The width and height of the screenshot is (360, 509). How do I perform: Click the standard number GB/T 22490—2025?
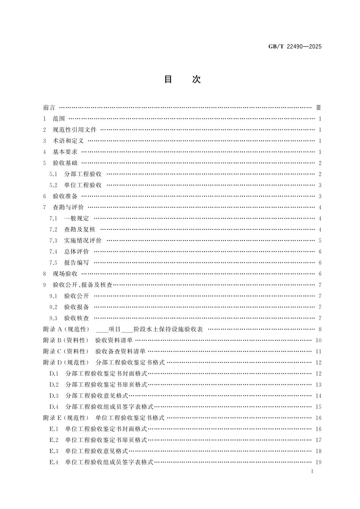pos(295,47)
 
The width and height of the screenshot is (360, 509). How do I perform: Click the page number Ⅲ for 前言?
pos(319,108)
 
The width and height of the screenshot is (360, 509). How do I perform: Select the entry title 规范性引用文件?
pos(75,130)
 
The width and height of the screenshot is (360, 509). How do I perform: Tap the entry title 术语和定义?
pos(68,141)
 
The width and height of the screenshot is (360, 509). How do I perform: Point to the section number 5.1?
pos(53,174)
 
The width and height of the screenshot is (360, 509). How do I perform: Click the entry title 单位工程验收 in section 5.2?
pos(83,185)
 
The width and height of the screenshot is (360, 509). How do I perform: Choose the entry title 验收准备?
pos(65,196)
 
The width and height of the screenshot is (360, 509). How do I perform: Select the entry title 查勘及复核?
pos(80,230)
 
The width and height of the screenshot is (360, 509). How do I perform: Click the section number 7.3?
pos(53,240)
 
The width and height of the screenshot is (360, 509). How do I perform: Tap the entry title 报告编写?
pos(77,263)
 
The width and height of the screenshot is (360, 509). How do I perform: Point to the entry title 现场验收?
pos(65,274)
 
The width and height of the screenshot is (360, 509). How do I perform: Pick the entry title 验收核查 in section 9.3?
pos(77,318)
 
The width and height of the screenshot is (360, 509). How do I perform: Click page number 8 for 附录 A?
pos(320,329)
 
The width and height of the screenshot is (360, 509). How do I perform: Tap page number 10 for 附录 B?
pos(318,340)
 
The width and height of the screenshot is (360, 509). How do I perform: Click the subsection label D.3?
pos(54,396)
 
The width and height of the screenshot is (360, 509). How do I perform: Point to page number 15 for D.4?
pos(318,407)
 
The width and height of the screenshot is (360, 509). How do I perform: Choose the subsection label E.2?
pos(54,440)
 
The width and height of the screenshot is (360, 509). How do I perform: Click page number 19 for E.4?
pos(318,462)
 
